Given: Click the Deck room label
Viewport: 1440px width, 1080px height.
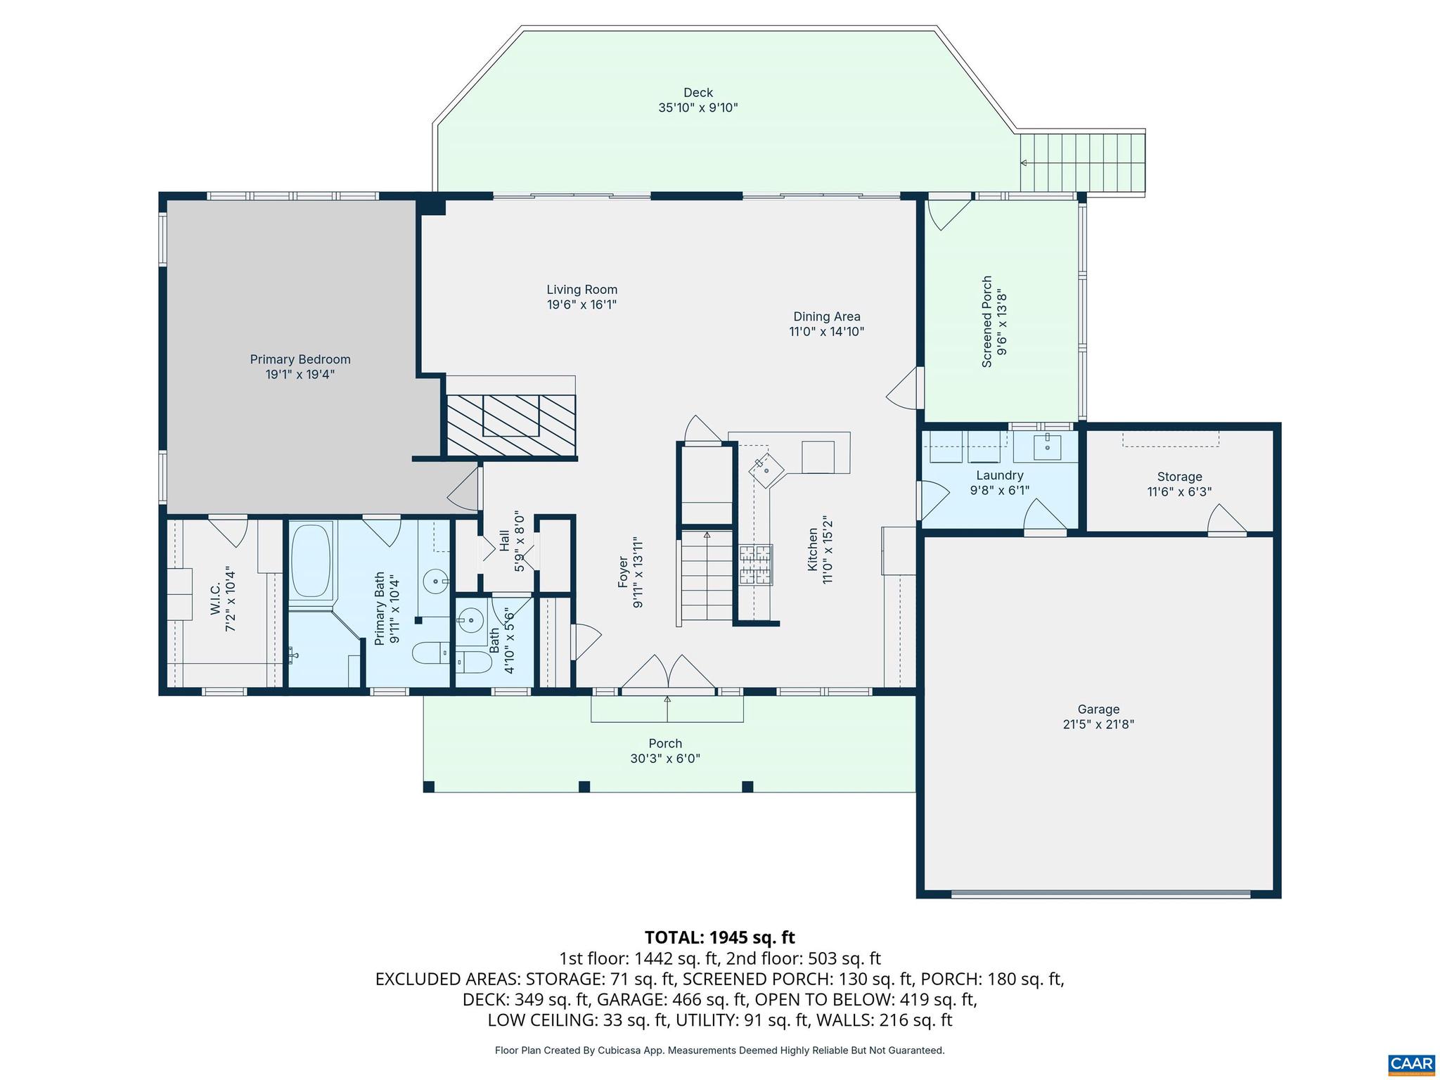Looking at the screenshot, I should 697,93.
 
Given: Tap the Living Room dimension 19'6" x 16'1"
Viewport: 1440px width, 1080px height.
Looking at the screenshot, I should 581,305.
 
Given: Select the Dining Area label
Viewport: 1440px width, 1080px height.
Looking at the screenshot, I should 826,316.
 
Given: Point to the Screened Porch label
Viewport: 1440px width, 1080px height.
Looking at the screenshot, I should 986,321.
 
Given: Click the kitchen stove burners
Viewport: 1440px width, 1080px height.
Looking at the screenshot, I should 755,565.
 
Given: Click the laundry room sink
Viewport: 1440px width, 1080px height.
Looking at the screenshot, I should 1047,446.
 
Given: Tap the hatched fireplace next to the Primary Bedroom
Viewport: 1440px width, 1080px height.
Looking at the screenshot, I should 511,425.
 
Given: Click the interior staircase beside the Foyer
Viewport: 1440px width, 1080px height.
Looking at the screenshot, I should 706,577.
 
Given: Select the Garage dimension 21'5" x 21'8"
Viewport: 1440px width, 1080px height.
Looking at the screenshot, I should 1098,725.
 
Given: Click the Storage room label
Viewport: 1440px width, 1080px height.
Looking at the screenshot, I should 1179,477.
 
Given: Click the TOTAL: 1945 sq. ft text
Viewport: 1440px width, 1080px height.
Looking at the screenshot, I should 719,937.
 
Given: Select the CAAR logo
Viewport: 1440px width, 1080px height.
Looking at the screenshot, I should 1413,1064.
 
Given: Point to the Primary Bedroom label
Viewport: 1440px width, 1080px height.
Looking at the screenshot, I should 300,359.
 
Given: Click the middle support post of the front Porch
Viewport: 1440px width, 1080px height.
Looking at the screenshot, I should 584,786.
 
